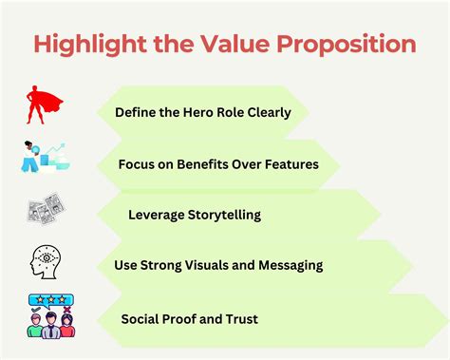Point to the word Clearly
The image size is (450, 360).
(278, 111)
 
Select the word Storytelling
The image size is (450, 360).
(227, 215)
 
